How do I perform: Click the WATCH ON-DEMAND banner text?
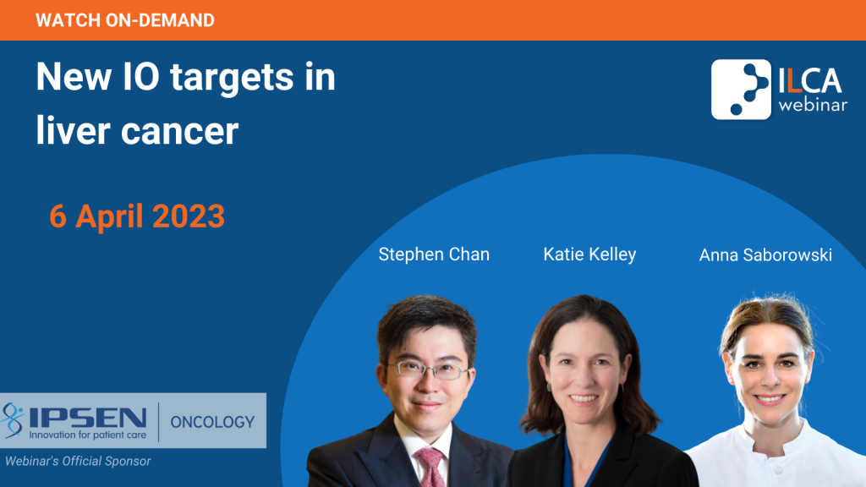click(x=125, y=20)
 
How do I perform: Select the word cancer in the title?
click(x=179, y=131)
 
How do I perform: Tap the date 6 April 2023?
click(x=137, y=216)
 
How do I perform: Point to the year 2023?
click(x=189, y=216)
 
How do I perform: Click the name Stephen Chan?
click(x=434, y=254)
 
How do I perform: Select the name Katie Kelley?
click(x=589, y=254)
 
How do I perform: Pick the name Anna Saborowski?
click(x=765, y=255)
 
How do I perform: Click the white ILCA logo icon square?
click(x=741, y=90)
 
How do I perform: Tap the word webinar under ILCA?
click(x=813, y=104)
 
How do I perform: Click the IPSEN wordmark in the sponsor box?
click(x=88, y=418)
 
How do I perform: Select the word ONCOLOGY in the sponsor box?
click(x=212, y=423)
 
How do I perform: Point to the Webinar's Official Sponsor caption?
click(x=78, y=461)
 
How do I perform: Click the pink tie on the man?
click(x=430, y=467)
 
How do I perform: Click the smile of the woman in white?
click(x=770, y=399)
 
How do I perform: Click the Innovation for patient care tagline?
click(x=88, y=435)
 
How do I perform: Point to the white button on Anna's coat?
click(x=777, y=470)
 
